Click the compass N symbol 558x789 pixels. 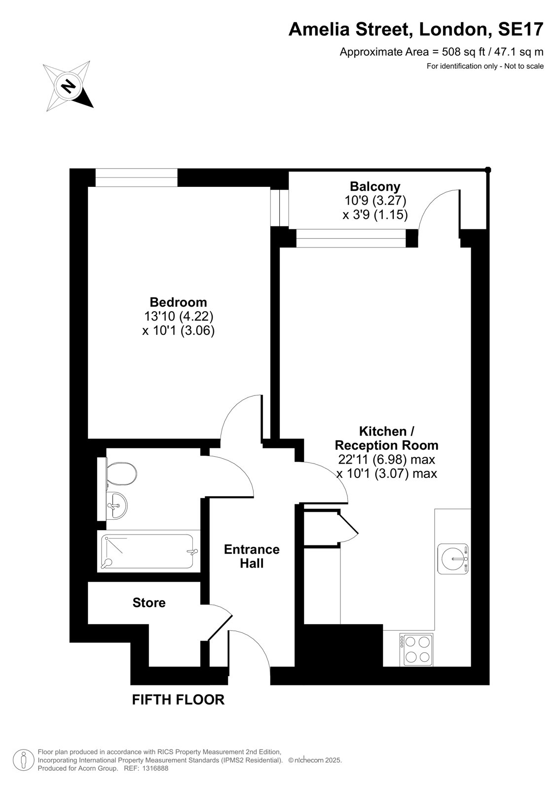click(68, 86)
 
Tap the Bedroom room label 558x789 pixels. click(179, 302)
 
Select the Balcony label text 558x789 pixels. click(375, 186)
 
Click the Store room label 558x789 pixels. click(149, 603)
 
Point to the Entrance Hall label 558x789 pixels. click(252, 556)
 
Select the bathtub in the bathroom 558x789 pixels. click(149, 551)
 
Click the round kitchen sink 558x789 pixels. click(453, 559)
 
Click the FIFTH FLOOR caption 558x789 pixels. click(178, 700)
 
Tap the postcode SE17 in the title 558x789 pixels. click(521, 29)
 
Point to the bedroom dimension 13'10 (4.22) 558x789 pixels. click(179, 316)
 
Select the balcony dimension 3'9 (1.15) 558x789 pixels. click(375, 215)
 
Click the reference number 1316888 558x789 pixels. click(155, 769)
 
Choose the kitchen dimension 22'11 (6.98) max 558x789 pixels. click(386, 459)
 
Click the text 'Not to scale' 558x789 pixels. click(524, 66)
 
